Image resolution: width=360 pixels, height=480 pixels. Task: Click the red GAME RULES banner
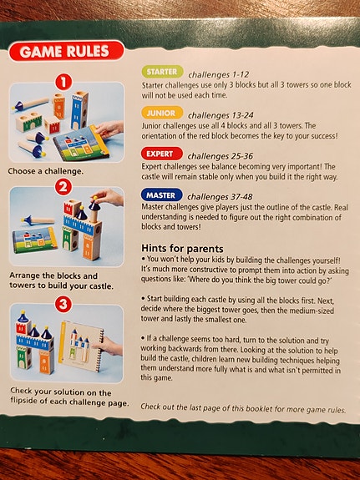(x=67, y=51)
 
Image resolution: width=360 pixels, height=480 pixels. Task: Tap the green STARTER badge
(x=162, y=72)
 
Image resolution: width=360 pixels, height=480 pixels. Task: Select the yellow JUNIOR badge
(x=162, y=113)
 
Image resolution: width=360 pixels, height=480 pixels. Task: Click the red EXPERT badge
(x=162, y=154)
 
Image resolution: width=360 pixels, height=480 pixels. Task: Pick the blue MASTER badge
(x=162, y=195)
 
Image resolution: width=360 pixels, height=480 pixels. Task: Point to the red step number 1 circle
(x=63, y=82)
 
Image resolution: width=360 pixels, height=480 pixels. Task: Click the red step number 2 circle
(x=63, y=187)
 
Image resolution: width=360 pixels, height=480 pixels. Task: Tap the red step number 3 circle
(x=63, y=305)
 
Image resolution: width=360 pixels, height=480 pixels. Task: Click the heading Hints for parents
(x=182, y=248)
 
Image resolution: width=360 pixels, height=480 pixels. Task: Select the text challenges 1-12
(x=219, y=74)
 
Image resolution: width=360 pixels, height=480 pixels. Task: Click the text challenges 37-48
(x=220, y=196)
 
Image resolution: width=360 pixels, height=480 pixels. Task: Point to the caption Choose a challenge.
(x=46, y=171)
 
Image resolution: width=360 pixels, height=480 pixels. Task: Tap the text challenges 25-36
(x=221, y=156)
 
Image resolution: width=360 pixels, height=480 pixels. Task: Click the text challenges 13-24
(x=221, y=115)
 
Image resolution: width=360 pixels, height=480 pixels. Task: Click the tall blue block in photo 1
(x=79, y=110)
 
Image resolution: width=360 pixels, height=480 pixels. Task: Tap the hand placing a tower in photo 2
(x=109, y=197)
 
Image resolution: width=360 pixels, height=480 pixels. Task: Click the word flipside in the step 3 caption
(x=24, y=401)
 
